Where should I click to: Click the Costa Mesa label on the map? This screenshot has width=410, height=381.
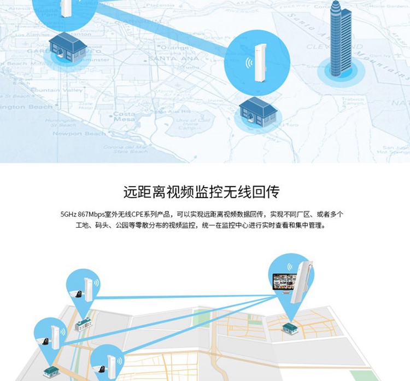124,117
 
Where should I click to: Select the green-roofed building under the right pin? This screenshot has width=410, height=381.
290,327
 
